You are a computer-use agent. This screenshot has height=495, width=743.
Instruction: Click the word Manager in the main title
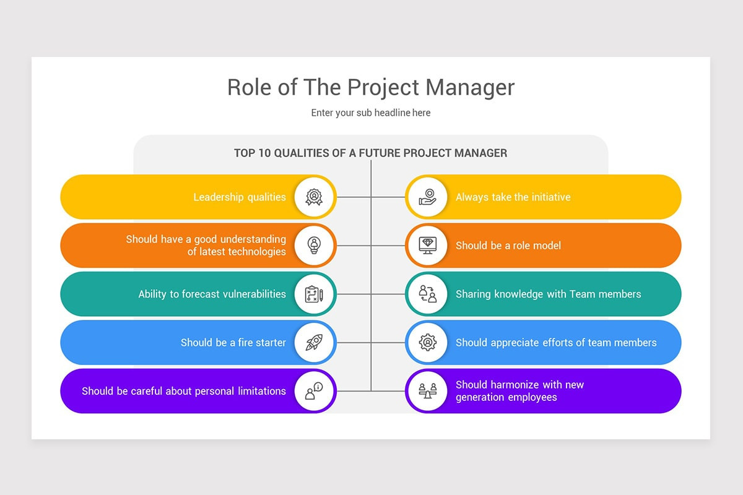pyautogui.click(x=470, y=88)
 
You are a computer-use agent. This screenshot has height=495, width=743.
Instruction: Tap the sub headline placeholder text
pyautogui.click(x=370, y=113)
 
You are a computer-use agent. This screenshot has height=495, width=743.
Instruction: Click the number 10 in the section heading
pyautogui.click(x=264, y=153)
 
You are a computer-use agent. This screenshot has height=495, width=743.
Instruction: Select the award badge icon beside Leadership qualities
pyautogui.click(x=314, y=197)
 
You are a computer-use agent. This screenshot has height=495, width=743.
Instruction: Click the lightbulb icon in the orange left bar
pyautogui.click(x=314, y=246)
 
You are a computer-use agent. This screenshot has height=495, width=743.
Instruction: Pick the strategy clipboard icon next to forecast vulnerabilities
pyautogui.click(x=314, y=294)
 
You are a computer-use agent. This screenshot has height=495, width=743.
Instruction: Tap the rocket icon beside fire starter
pyautogui.click(x=314, y=343)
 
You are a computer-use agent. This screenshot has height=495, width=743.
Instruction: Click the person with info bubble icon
pyautogui.click(x=314, y=391)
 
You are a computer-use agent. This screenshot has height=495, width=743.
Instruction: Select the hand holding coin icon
pyautogui.click(x=428, y=197)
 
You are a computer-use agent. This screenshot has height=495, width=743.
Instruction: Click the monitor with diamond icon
pyautogui.click(x=428, y=246)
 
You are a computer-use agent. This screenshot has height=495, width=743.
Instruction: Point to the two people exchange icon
pyautogui.click(x=428, y=294)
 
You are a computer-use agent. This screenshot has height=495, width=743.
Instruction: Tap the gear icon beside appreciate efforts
pyautogui.click(x=428, y=343)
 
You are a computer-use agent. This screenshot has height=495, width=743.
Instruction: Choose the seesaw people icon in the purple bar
pyautogui.click(x=428, y=391)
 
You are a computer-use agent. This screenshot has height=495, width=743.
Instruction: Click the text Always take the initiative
pyautogui.click(x=513, y=197)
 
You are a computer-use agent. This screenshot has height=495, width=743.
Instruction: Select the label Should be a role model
pyautogui.click(x=508, y=246)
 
